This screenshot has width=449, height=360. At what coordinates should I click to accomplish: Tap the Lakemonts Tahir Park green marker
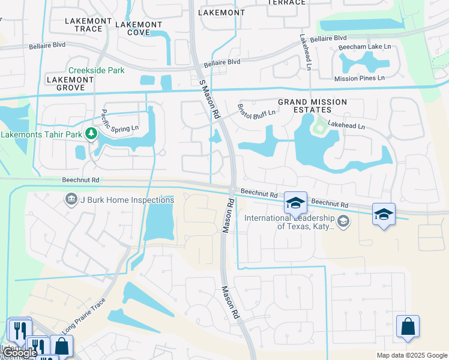pos(91,133)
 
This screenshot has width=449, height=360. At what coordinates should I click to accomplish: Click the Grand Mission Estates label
pos(304,106)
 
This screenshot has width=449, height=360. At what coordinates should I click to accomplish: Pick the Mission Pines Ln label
pos(359,78)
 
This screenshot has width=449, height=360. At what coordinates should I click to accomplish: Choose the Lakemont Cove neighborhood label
pos(139,28)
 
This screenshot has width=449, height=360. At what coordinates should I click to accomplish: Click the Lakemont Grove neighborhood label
pos(70,83)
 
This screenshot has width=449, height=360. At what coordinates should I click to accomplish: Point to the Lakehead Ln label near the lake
pos(345,127)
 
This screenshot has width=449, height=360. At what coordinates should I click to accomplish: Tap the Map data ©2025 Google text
pos(412,355)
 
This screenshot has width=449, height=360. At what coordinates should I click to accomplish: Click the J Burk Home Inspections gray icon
pos(71,199)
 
